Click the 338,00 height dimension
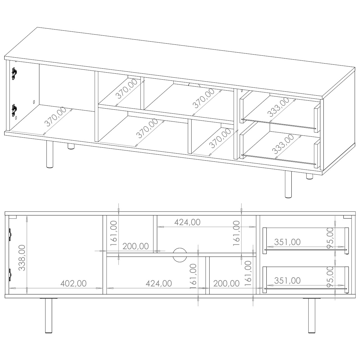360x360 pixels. tap(22, 258)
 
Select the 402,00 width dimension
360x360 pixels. tap(73, 283)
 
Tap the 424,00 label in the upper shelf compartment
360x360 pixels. tap(187, 222)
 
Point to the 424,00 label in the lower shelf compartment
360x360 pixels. tap(159, 283)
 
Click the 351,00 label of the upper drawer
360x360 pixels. tap(287, 242)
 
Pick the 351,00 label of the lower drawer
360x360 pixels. tap(287, 281)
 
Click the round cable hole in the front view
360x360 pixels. tap(180, 255)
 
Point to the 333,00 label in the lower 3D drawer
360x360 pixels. tap(283, 144)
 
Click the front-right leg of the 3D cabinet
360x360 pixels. tap(288, 184)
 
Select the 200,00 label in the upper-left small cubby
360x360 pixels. tap(136, 246)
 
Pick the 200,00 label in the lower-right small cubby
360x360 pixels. tap(226, 283)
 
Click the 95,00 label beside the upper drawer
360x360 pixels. tap(330, 238)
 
